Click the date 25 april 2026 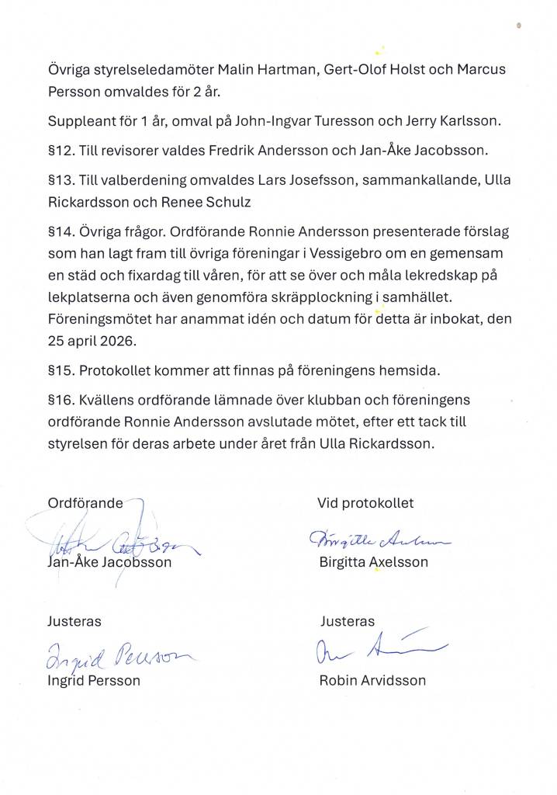(x=91, y=341)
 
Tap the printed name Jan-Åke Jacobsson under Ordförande (x=109, y=562)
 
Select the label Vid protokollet (x=365, y=503)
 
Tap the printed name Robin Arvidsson (x=372, y=681)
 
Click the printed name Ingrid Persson (x=94, y=681)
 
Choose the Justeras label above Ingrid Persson (x=74, y=622)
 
